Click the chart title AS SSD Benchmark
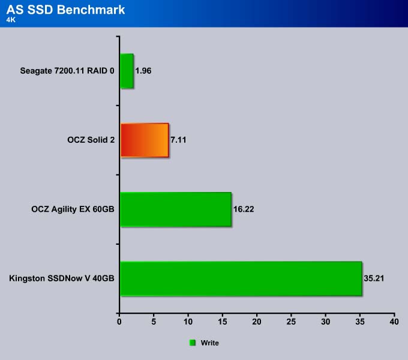[65, 10]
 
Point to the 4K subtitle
[11, 20]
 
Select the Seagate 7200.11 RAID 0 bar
[127, 71]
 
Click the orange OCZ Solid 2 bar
[145, 140]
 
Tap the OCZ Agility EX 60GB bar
[176, 209]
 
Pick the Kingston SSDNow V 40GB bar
[241, 278]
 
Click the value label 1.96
[143, 71]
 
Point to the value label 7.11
[178, 140]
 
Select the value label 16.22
[244, 209]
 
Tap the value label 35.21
[374, 278]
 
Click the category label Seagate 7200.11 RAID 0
[67, 71]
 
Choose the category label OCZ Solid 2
[91, 140]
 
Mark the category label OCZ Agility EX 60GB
[73, 209]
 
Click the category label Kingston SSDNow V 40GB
[62, 278]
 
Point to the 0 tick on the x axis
[119, 322]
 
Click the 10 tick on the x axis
[188, 322]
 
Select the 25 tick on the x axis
[291, 322]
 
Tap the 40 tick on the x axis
[394, 322]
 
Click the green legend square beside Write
[193, 343]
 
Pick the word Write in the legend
[210, 343]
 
